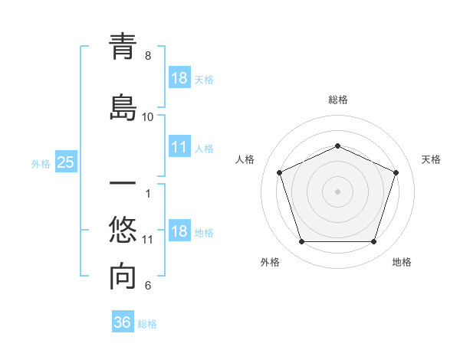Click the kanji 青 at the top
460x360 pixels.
pyautogui.click(x=123, y=47)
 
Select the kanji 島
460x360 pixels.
pyautogui.click(x=123, y=108)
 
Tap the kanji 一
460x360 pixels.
pyautogui.click(x=123, y=185)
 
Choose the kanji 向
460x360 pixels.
pyautogui.click(x=123, y=277)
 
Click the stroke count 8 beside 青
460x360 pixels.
pyautogui.click(x=148, y=56)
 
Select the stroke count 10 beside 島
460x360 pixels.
pyautogui.click(x=148, y=117)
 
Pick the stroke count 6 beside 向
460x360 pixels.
pyautogui.click(x=148, y=286)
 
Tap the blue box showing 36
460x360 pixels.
pyautogui.click(x=122, y=322)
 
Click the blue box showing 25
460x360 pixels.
pyautogui.click(x=65, y=162)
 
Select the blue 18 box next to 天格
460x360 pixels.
pyautogui.click(x=179, y=78)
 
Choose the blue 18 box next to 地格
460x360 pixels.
pyautogui.click(x=179, y=232)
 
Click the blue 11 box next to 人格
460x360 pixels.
pyautogui.click(x=179, y=147)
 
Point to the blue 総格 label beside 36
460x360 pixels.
pyautogui.click(x=147, y=324)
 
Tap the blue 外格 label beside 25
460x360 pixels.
pyautogui.click(x=41, y=163)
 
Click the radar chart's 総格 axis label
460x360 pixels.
pyautogui.click(x=338, y=100)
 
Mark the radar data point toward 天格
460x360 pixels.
pyautogui.click(x=396, y=172)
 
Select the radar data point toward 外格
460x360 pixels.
pyautogui.click(x=301, y=242)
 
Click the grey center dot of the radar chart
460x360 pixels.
pyautogui.click(x=337, y=191)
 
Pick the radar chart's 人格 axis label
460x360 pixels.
pyautogui.click(x=245, y=159)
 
